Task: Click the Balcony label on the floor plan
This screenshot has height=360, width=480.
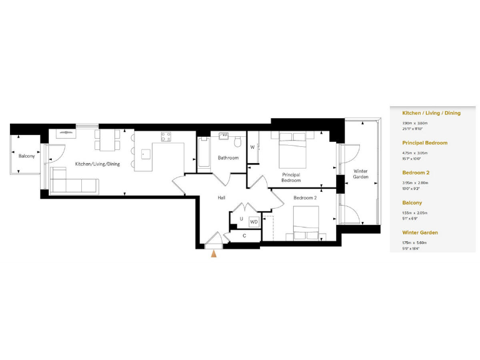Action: (26, 156)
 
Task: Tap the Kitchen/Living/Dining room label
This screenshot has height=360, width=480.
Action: (97, 164)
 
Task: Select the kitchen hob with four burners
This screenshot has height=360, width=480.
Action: (166, 136)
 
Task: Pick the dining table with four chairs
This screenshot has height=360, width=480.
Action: (108, 139)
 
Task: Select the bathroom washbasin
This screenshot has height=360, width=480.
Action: (223, 136)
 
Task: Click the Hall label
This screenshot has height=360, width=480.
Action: (221, 197)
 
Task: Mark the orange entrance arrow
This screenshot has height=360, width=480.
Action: (214, 253)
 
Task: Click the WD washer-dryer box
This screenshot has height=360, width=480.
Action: (254, 222)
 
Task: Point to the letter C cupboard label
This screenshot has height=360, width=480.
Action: (244, 236)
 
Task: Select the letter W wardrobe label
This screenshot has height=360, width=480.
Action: (252, 147)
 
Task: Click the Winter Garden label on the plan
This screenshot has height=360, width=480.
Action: (361, 174)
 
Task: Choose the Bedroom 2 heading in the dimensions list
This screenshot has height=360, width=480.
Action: (415, 172)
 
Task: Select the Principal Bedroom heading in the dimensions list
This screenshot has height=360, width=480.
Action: (424, 142)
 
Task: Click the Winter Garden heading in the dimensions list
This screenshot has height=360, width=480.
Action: (419, 232)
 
